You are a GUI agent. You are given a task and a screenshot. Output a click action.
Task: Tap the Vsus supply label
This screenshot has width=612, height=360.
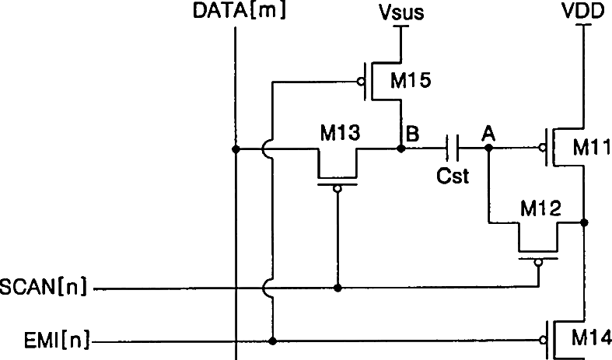400,13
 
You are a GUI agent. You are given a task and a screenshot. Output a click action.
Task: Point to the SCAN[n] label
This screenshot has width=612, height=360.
45,288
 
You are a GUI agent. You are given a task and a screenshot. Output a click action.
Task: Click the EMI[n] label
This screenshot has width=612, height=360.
45,341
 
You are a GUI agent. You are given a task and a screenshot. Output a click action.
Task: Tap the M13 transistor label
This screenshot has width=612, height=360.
340,133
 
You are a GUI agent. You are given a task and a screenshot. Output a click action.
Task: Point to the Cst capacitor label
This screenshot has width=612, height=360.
453,177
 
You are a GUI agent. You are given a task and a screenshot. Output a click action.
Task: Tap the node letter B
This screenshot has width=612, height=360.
413,134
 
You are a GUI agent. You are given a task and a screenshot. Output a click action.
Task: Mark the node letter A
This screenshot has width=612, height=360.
488,134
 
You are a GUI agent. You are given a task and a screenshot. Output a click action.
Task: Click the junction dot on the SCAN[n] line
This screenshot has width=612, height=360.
337,288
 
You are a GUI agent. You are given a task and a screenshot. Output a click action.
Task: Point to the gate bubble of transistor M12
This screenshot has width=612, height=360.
537,264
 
